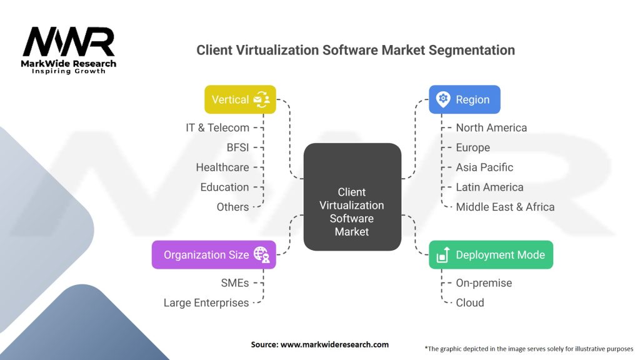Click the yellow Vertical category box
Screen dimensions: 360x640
coord(240,99)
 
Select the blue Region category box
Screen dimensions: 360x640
coord(464,99)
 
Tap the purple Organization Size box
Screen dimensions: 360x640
coord(214,254)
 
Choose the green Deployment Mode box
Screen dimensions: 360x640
coord(491,254)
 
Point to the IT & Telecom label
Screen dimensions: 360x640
coord(217,127)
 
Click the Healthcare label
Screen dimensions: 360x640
coord(222,167)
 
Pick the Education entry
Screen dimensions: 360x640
coord(224,187)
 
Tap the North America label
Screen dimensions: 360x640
coord(491,127)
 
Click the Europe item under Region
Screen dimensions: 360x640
coord(473,147)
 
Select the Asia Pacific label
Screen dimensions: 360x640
coord(484,167)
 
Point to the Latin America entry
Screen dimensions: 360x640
coord(489,187)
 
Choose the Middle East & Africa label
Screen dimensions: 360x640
coord(505,207)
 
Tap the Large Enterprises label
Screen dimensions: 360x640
coord(206,302)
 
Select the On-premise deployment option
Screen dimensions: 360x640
coord(484,282)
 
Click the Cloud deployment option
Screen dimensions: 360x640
coord(470,302)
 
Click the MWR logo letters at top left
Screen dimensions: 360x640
coord(69,42)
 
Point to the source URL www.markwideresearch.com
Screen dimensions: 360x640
coord(336,344)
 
